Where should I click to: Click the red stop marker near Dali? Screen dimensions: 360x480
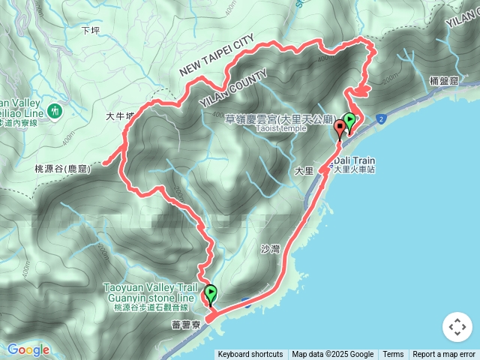[x=340, y=127]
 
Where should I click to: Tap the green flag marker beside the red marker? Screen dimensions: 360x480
[x=349, y=121]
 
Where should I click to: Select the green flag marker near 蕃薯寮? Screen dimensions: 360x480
[x=211, y=294]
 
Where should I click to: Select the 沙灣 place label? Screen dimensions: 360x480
[x=269, y=248]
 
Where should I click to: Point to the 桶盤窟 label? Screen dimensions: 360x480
[x=445, y=80]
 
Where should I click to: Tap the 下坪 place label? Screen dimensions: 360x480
[x=90, y=31]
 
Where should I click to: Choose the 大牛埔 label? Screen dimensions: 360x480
[x=119, y=116]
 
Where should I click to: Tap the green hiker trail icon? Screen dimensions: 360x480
[x=53, y=112]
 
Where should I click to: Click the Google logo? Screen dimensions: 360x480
[x=28, y=349]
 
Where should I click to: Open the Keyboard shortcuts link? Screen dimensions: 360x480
[x=250, y=355]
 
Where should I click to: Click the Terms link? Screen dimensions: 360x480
[x=393, y=355]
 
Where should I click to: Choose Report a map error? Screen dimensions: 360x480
[x=444, y=355]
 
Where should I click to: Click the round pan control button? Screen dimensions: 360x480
[x=456, y=327]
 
